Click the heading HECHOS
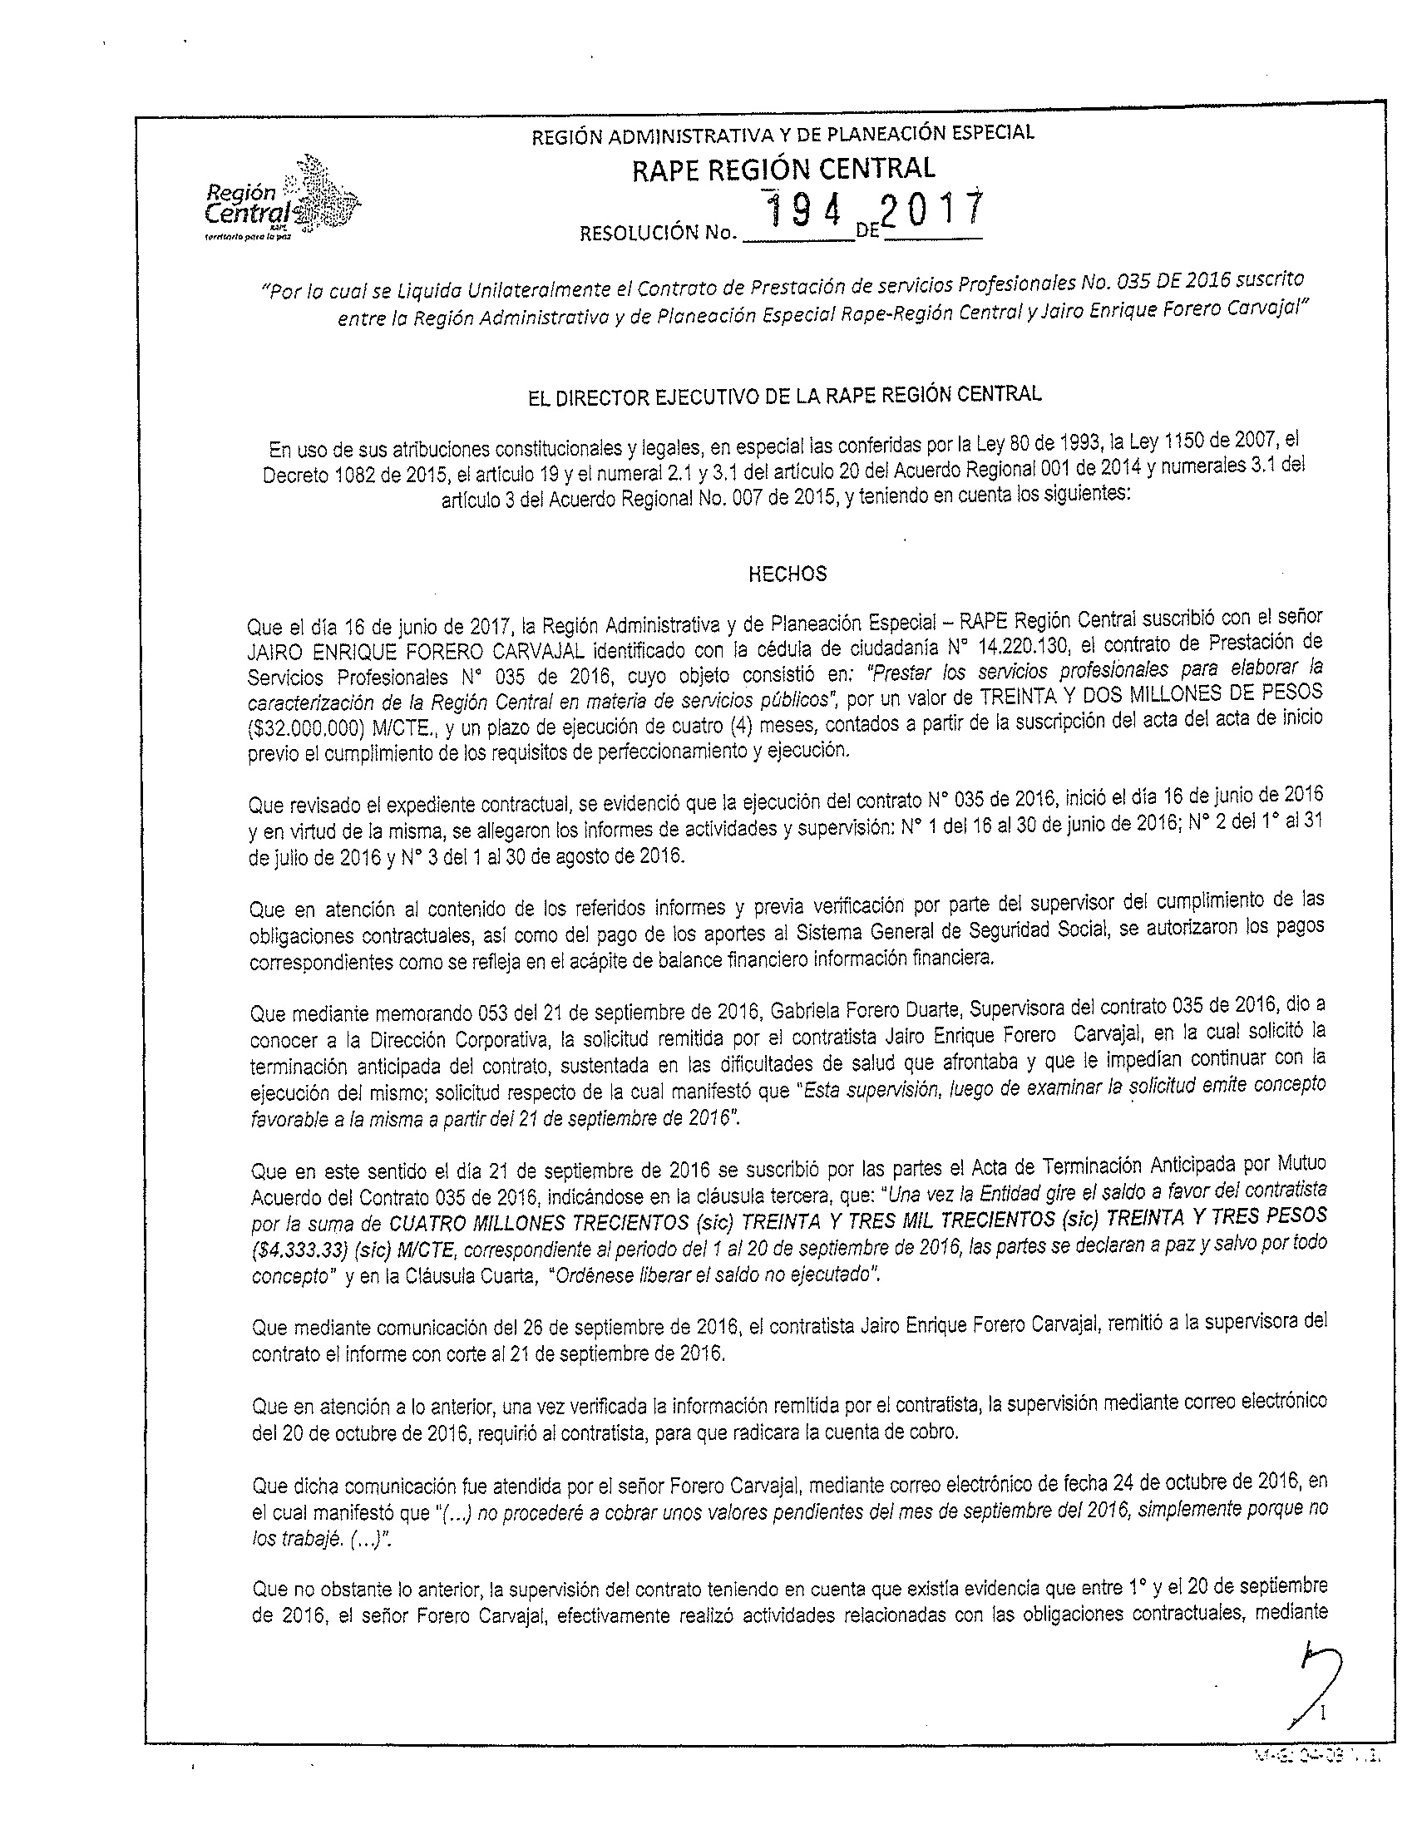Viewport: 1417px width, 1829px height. click(x=787, y=574)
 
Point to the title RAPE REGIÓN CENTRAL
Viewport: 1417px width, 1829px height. click(x=783, y=168)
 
